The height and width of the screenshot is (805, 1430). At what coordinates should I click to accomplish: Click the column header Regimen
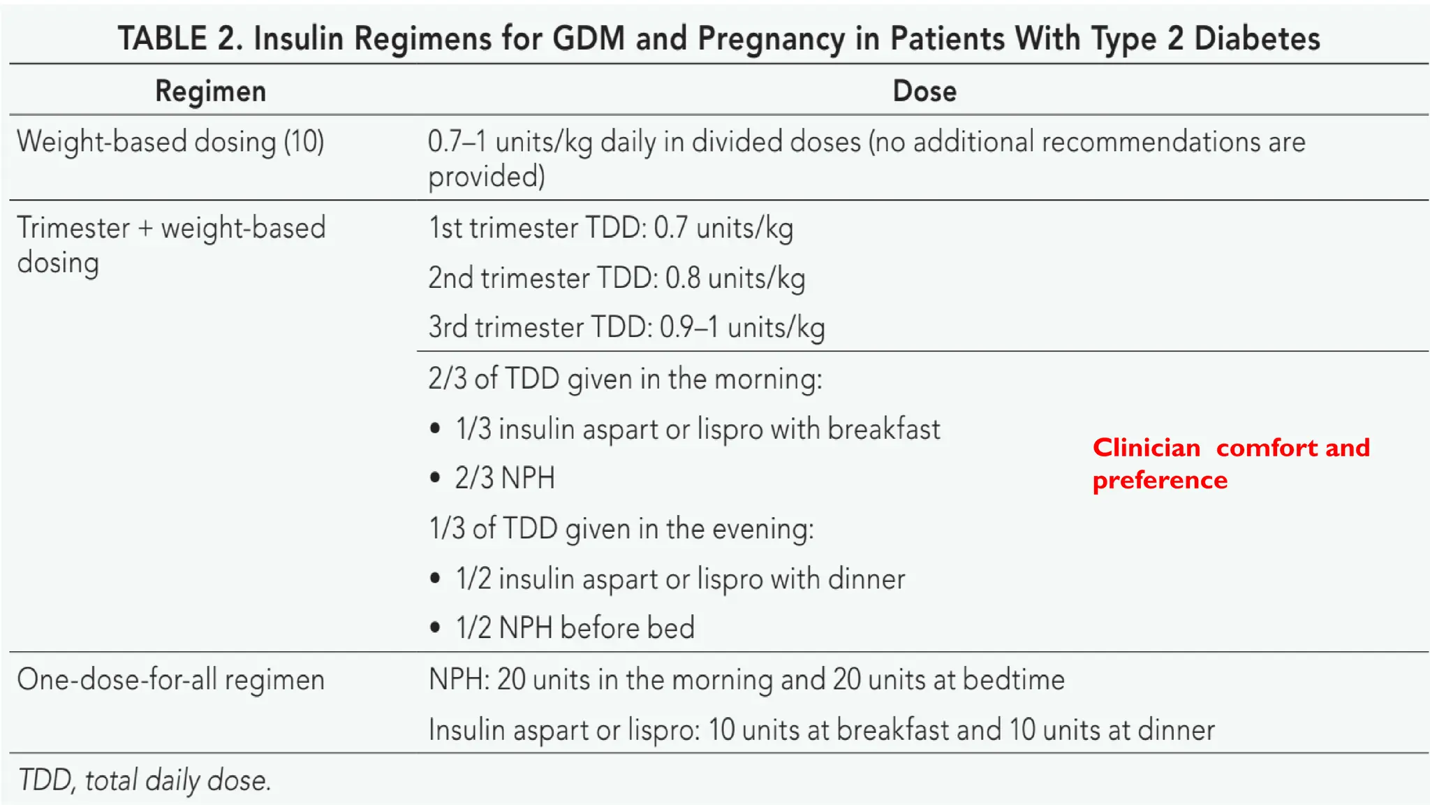click(x=210, y=92)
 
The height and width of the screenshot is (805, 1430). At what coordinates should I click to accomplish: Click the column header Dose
click(x=924, y=92)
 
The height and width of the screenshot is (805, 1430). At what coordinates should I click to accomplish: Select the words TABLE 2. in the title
click(x=180, y=38)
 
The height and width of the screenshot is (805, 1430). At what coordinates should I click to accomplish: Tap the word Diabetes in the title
click(x=1257, y=38)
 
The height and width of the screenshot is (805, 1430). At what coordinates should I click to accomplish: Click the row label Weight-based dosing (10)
click(x=170, y=142)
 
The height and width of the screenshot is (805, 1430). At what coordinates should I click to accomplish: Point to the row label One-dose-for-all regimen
click(x=170, y=679)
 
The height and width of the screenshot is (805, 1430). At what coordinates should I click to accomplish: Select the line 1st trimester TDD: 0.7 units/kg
click(x=610, y=229)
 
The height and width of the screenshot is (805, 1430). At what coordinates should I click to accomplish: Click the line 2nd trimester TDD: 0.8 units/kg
click(x=616, y=278)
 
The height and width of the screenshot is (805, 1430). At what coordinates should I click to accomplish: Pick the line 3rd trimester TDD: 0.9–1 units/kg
click(x=626, y=328)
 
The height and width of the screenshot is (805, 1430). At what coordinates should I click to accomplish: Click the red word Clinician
click(x=1146, y=448)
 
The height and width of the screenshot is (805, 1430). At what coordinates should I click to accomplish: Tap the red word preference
click(x=1159, y=481)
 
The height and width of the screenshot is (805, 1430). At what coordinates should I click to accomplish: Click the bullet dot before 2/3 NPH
click(x=436, y=479)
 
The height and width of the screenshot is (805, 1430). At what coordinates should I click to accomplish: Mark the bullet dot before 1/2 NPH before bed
click(x=436, y=628)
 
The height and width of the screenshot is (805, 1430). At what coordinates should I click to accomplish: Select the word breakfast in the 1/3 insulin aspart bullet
click(x=883, y=429)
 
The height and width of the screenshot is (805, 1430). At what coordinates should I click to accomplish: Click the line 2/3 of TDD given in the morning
click(x=625, y=379)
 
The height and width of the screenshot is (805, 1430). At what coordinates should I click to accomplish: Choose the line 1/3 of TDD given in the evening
click(x=621, y=529)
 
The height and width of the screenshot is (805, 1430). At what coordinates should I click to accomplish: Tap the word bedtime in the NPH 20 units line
click(x=1013, y=679)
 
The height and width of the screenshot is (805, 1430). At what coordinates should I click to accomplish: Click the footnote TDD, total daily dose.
click(x=144, y=780)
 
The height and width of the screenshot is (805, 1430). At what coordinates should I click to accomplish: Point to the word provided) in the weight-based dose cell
click(x=486, y=177)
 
